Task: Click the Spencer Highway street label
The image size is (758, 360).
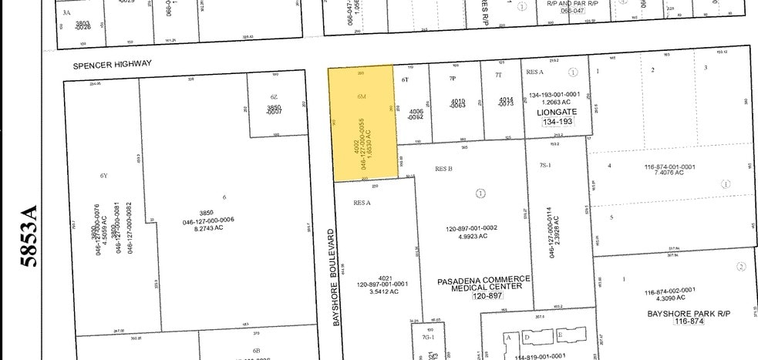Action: click(x=113, y=65)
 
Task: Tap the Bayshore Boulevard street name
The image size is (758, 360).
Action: click(x=336, y=276)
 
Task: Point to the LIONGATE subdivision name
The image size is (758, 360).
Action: click(x=556, y=112)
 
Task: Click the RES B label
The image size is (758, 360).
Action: click(x=443, y=168)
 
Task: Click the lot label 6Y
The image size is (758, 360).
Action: click(x=103, y=175)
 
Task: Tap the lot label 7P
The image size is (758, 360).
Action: click(x=453, y=79)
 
